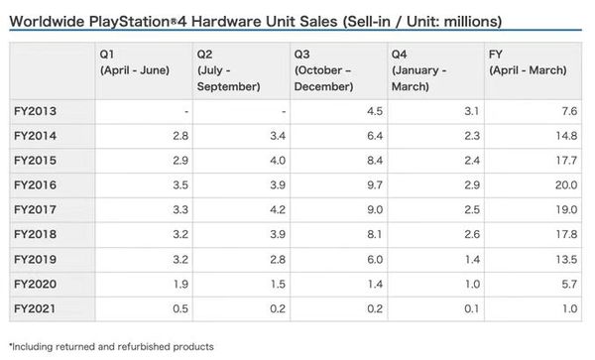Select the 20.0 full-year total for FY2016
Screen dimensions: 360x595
pyautogui.click(x=568, y=185)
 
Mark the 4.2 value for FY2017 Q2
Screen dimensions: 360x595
pyautogui.click(x=276, y=210)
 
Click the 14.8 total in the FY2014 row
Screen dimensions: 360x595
pyautogui.click(x=568, y=136)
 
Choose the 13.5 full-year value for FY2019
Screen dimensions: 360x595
pyautogui.click(x=568, y=259)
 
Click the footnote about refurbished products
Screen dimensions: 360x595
pyautogui.click(x=111, y=346)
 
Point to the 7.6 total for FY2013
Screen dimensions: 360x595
pyautogui.click(x=571, y=111)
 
